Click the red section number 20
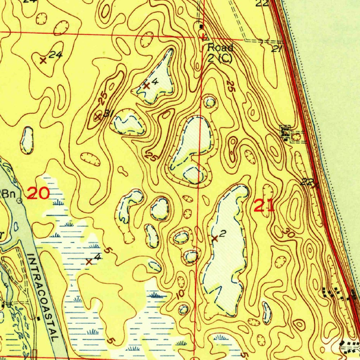(39, 193)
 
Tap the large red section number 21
(264, 205)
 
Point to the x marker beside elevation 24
(43, 60)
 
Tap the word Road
(220, 47)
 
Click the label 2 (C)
(220, 58)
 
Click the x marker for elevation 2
(215, 239)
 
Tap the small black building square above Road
(201, 26)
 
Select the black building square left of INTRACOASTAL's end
(38, 319)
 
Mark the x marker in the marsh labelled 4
(89, 262)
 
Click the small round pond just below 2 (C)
(210, 103)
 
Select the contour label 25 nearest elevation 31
(103, 99)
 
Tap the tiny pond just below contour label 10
(183, 309)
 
